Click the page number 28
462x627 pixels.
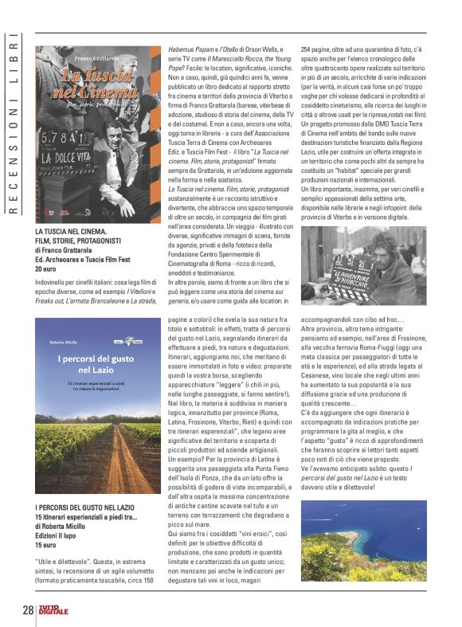[28, 610]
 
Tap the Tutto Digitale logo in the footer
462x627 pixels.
[57, 609]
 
